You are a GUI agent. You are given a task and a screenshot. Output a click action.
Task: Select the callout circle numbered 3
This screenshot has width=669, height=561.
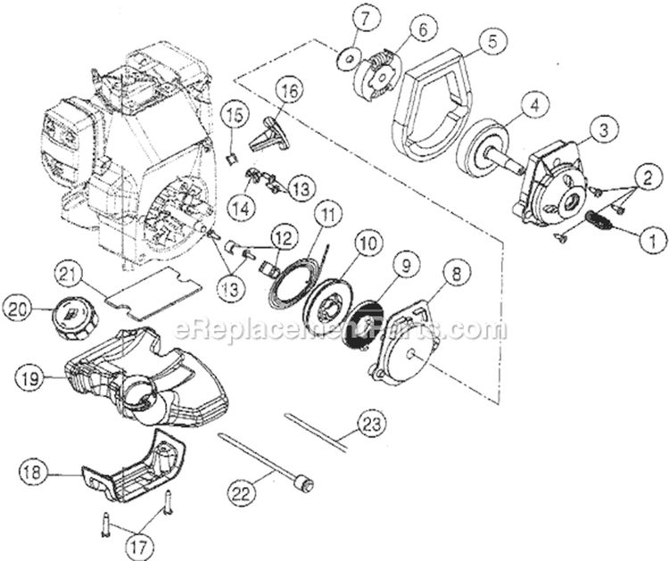604,130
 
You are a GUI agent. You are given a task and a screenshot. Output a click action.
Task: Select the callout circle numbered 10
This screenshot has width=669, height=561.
367,243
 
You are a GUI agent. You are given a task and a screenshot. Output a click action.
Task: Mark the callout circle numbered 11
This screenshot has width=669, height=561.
328,216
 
